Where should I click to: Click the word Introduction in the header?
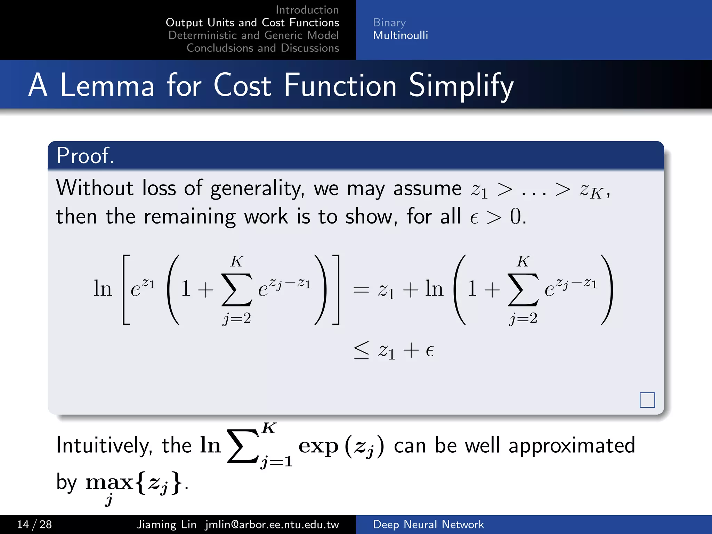click(x=307, y=10)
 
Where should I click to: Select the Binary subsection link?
click(x=389, y=23)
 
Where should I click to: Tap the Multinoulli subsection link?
click(x=400, y=35)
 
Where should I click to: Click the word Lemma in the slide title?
click(x=107, y=86)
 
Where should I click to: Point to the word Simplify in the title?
click(x=461, y=86)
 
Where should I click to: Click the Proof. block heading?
click(x=85, y=155)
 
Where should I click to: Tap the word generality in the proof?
click(x=257, y=189)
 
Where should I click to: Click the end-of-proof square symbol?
click(x=647, y=400)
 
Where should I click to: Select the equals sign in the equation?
click(x=361, y=290)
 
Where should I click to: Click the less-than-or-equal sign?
click(x=361, y=350)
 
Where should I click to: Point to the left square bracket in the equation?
click(x=126, y=290)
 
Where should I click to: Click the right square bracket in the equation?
click(x=335, y=290)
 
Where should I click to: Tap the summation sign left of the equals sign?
click(x=236, y=290)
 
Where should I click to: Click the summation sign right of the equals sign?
click(x=523, y=290)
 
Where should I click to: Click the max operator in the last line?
click(x=109, y=482)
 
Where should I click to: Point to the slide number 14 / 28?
click(x=34, y=524)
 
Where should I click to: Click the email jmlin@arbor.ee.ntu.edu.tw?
click(x=272, y=524)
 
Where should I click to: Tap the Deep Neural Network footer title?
click(x=428, y=524)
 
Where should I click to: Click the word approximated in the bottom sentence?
click(x=572, y=445)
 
